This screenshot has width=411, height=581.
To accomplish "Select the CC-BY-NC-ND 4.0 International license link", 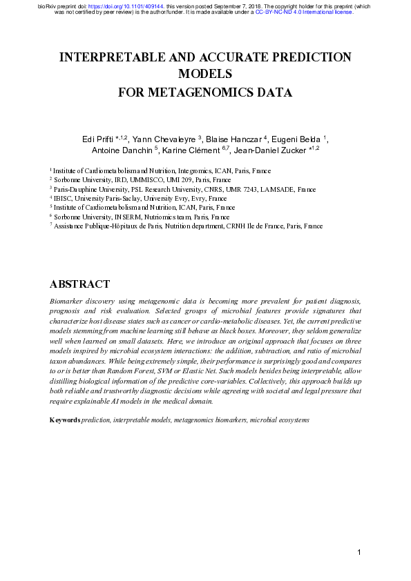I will click(x=304, y=12).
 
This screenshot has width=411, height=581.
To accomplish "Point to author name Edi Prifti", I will click(x=97, y=140).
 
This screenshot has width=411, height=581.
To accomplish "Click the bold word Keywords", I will click(x=65, y=420).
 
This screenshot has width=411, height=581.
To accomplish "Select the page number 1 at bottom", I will click(x=359, y=552).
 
